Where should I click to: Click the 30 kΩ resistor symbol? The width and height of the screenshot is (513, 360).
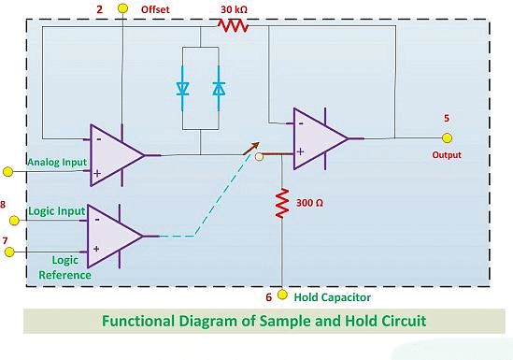[x=233, y=26]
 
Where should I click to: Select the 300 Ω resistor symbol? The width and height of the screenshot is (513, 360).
[x=281, y=203]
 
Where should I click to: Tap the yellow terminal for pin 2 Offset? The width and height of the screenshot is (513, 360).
[x=122, y=8]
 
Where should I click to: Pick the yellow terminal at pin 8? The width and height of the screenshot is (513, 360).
[x=13, y=221]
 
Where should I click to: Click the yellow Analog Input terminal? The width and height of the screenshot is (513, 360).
[x=7, y=170]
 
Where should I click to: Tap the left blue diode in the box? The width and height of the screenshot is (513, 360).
[x=182, y=89]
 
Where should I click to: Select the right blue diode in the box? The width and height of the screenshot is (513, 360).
[x=219, y=89]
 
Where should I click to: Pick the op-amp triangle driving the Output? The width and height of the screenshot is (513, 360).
[x=318, y=138]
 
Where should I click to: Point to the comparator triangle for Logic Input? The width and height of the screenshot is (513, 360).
[x=113, y=236]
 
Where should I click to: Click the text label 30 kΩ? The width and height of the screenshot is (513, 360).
[x=234, y=8]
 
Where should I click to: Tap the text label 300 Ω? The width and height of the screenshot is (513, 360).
[x=310, y=202]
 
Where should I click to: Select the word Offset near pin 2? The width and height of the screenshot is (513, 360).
[x=155, y=8]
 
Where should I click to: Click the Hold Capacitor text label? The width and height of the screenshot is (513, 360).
[x=332, y=297]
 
